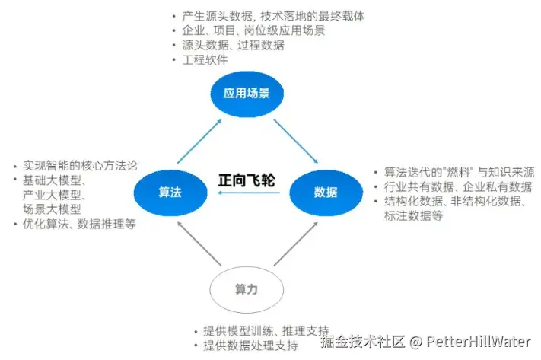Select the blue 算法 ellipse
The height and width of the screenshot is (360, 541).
[170, 192]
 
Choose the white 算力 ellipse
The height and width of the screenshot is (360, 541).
[246, 289]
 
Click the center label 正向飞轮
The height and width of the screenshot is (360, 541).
[246, 180]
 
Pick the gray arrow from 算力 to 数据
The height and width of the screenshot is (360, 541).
[295, 244]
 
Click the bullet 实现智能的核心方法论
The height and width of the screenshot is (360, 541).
[79, 164]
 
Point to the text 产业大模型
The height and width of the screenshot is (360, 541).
[54, 194]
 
